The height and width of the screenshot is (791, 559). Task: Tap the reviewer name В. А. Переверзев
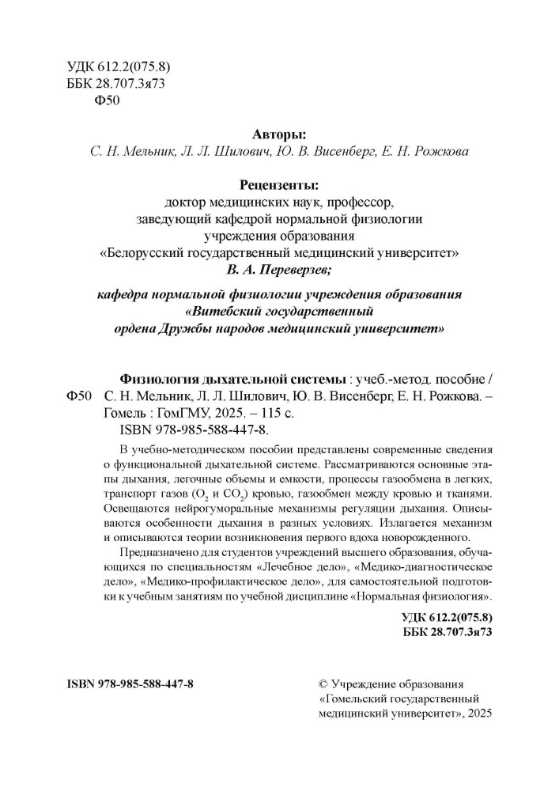point(280,271)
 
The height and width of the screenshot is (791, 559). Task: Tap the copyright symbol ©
point(321,683)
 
